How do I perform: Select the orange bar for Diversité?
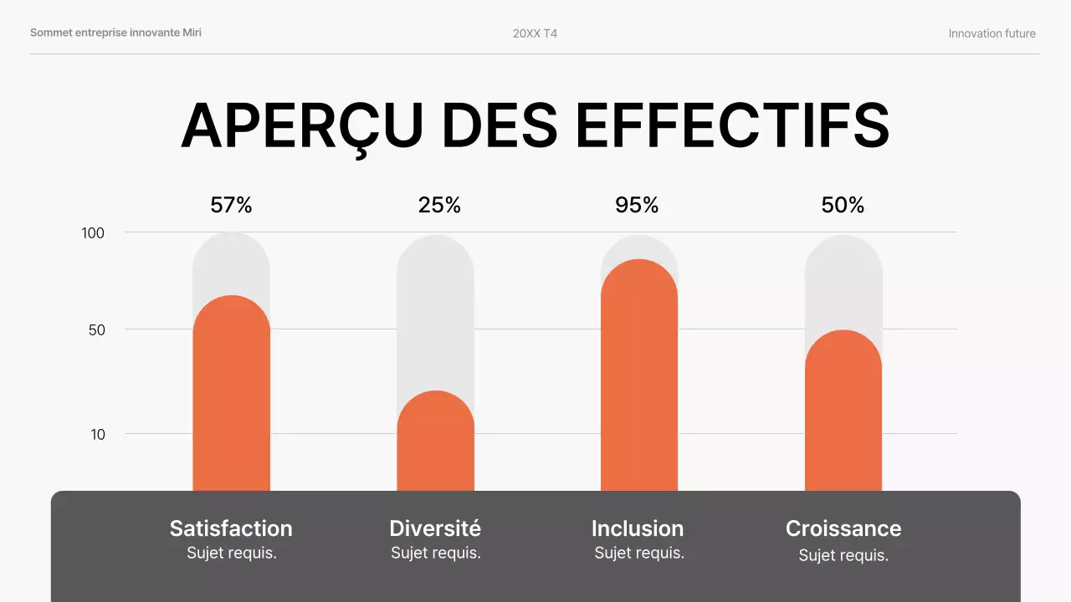[435, 443]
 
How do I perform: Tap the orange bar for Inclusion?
[639, 376]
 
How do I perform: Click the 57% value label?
[231, 205]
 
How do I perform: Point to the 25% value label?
[439, 205]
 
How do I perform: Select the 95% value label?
[637, 205]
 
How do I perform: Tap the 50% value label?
[843, 205]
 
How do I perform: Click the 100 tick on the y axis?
[93, 233]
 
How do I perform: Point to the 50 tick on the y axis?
[97, 330]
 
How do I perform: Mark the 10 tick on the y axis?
[97, 435]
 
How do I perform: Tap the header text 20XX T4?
[535, 33]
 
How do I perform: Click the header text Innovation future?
[992, 33]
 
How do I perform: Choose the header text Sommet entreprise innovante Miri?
[115, 33]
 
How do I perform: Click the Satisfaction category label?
[231, 528]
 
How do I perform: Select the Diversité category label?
[435, 528]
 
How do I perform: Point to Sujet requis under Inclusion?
[639, 553]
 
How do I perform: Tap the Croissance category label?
[843, 528]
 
